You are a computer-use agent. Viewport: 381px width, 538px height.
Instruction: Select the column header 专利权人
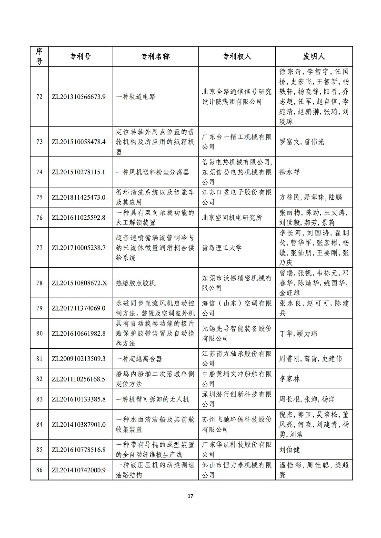click(237, 56)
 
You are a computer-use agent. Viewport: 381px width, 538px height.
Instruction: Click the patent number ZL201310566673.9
click(79, 97)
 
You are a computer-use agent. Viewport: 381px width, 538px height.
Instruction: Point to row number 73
click(40, 142)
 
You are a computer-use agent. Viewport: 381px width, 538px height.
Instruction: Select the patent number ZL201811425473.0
click(79, 196)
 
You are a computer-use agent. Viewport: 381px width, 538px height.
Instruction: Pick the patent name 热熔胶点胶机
click(136, 283)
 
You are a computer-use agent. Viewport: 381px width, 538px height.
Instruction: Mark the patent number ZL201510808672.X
click(79, 283)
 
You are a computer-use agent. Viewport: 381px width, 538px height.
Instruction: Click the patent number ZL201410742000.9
click(79, 470)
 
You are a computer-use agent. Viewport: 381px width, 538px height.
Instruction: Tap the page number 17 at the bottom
click(190, 497)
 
